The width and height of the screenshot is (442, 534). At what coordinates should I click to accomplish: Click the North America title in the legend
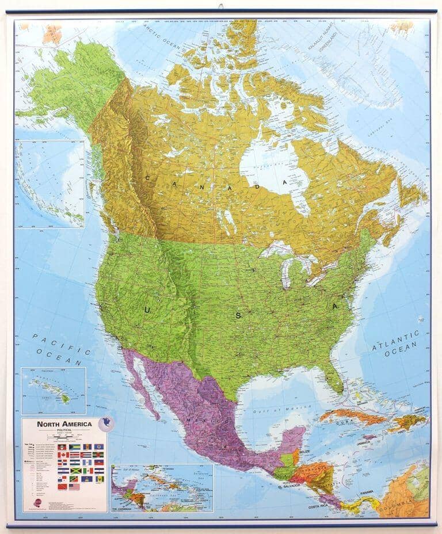click(64, 425)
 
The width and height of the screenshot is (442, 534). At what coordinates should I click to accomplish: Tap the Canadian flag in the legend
click(63, 455)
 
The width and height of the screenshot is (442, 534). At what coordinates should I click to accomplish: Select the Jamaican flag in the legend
click(76, 471)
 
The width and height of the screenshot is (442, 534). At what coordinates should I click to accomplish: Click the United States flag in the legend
click(74, 487)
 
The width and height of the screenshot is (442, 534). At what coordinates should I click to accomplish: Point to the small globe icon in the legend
click(105, 424)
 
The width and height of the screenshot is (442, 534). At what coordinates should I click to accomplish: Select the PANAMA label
click(367, 493)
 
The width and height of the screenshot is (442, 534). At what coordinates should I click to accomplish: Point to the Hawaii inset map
click(53, 391)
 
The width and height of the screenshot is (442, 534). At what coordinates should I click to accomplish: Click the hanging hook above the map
click(220, 6)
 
